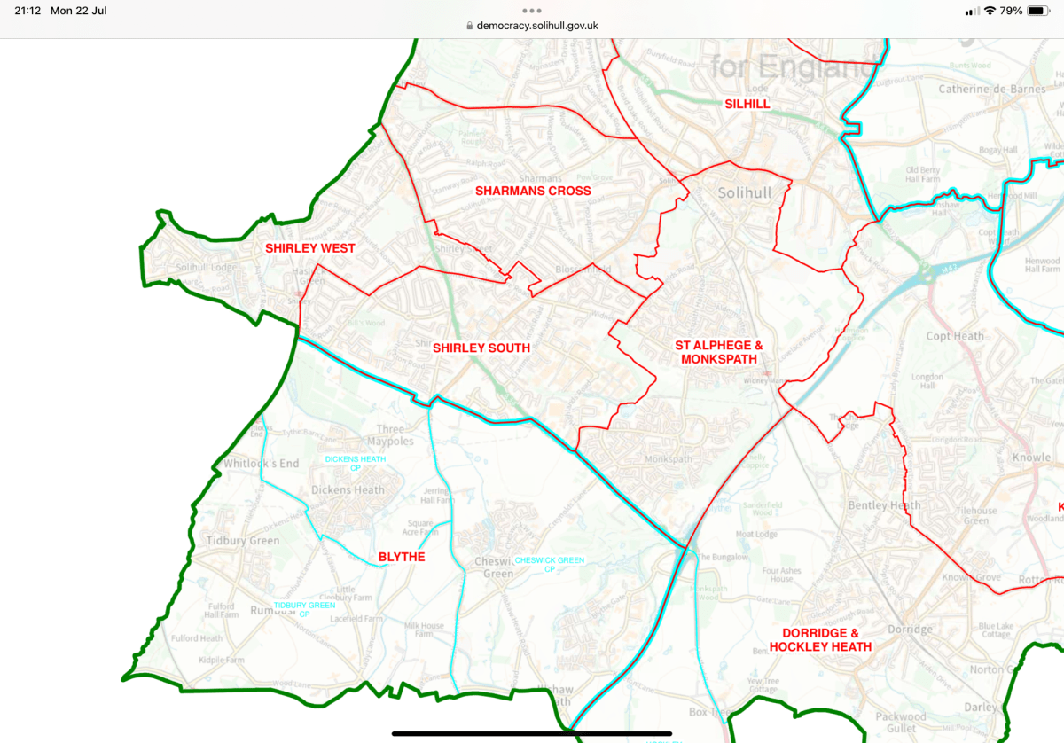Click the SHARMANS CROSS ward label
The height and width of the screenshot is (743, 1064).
[533, 191]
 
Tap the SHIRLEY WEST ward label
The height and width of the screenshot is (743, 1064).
[310, 248]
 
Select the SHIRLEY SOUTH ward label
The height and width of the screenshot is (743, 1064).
[481, 348]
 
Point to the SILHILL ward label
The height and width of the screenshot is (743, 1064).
[747, 104]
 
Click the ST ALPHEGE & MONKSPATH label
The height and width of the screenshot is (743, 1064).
[718, 352]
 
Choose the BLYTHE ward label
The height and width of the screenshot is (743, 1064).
[402, 557]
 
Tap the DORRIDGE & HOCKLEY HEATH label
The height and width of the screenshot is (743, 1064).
[826, 640]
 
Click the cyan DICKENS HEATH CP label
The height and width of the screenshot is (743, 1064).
[356, 463]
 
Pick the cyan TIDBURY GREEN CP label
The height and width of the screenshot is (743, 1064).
[304, 609]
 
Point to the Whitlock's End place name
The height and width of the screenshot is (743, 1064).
[262, 464]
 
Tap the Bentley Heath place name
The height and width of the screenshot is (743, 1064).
[884, 505]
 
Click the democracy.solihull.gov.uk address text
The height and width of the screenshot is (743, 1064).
[537, 26]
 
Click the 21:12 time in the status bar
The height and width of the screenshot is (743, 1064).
[27, 11]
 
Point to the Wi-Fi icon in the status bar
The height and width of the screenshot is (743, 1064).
[990, 11]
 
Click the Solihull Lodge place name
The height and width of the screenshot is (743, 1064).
[207, 268]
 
